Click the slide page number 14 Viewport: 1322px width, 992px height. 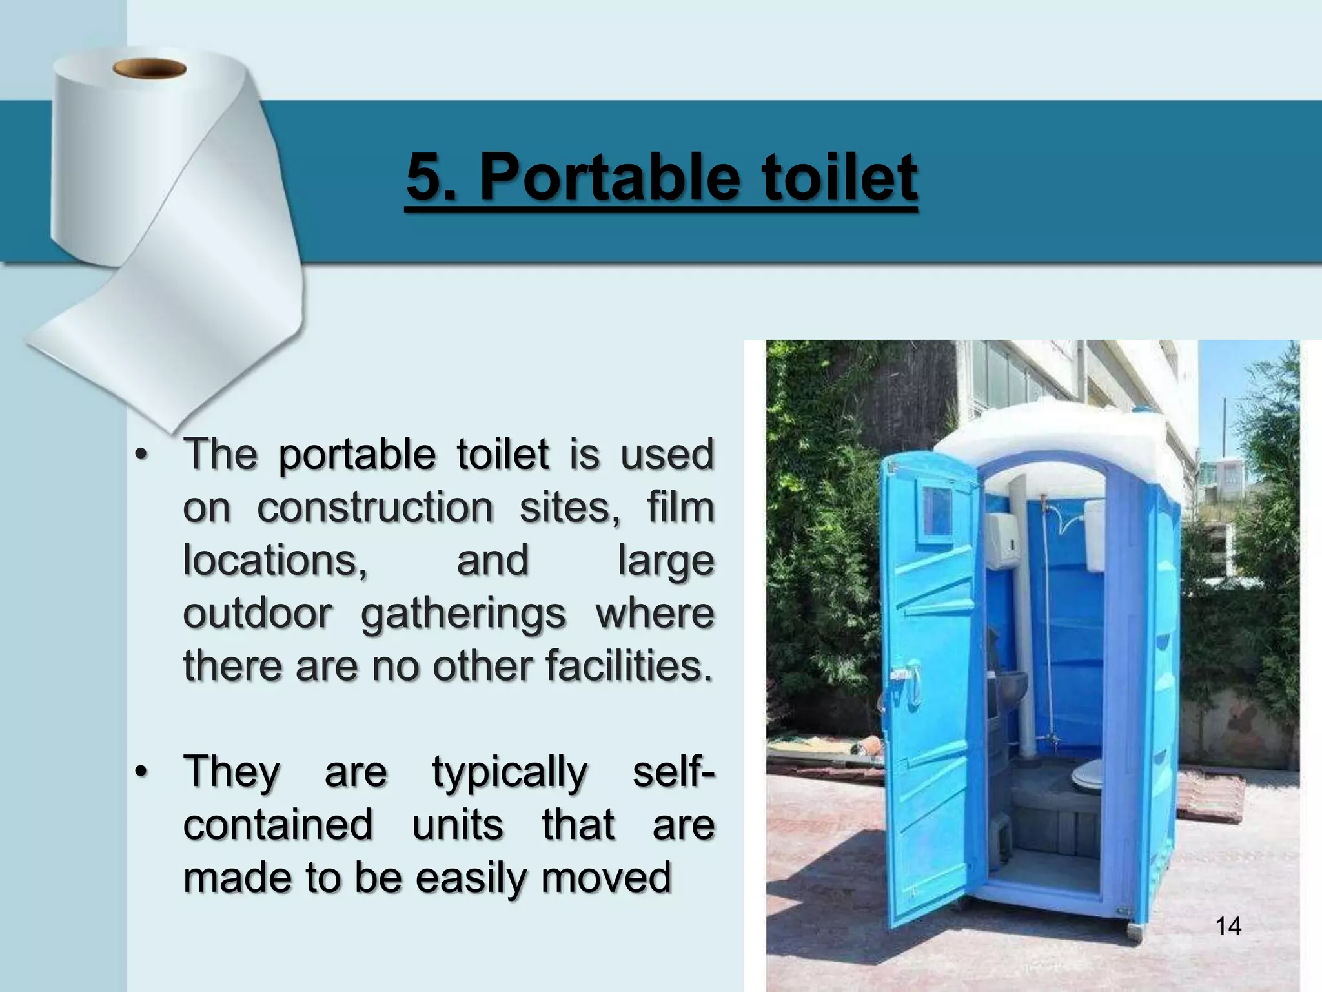point(1228,927)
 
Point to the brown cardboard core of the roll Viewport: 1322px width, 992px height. point(149,68)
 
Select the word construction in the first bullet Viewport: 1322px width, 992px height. point(375,508)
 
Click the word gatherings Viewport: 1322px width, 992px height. point(463,615)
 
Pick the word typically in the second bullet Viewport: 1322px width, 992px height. point(510,773)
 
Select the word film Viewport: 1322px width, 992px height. point(681,508)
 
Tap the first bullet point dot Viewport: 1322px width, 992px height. point(141,455)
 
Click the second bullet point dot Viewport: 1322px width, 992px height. point(141,772)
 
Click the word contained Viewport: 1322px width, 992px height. point(278,825)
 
